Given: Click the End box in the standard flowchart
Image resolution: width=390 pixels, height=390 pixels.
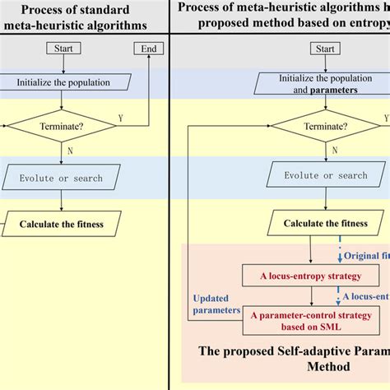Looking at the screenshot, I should pyautogui.click(x=149, y=49).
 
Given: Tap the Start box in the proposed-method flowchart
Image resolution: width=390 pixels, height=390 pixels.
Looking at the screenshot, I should pyautogui.click(x=325, y=49).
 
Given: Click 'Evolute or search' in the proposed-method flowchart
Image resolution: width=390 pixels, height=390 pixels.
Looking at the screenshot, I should pyautogui.click(x=325, y=175).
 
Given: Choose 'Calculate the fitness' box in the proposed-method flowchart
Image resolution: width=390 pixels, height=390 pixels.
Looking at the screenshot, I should pyautogui.click(x=325, y=222).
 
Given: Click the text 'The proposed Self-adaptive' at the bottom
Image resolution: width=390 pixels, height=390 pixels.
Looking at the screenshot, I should pyautogui.click(x=288, y=351).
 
